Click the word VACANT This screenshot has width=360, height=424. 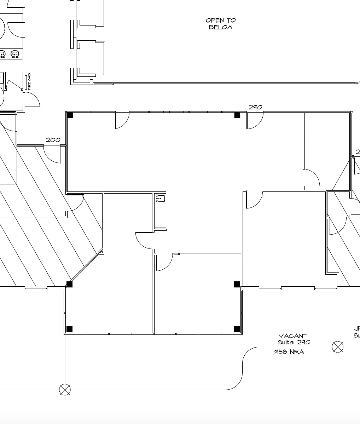(x=292, y=336)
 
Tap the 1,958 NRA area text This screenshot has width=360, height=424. (x=287, y=352)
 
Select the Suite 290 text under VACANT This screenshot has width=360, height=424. (x=294, y=342)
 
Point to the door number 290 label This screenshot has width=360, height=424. (x=255, y=107)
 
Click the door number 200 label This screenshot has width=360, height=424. (x=53, y=140)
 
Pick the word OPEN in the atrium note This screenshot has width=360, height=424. (x=214, y=21)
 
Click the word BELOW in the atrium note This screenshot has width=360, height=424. (x=221, y=27)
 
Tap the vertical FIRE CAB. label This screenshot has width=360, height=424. (x=29, y=81)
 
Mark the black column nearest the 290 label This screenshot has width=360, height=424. (x=237, y=115)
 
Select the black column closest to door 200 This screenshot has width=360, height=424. (x=70, y=115)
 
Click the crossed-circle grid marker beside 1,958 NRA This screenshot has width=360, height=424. (x=338, y=347)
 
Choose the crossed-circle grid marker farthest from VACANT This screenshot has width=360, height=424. (x=65, y=390)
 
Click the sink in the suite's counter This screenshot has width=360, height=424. (x=161, y=198)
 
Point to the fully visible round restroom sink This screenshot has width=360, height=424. (x=14, y=54)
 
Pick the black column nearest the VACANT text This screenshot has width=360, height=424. (x=237, y=329)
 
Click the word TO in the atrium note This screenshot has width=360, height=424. (x=231, y=21)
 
